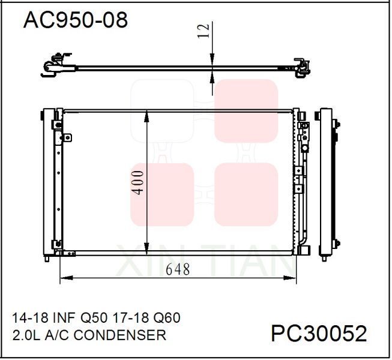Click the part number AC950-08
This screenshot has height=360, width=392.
[x=75, y=20]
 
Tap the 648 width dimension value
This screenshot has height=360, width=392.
[x=178, y=270]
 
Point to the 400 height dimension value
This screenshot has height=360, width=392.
[x=139, y=182]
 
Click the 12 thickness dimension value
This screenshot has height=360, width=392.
[x=204, y=31]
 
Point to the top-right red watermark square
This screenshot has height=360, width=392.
[x=246, y=110]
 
